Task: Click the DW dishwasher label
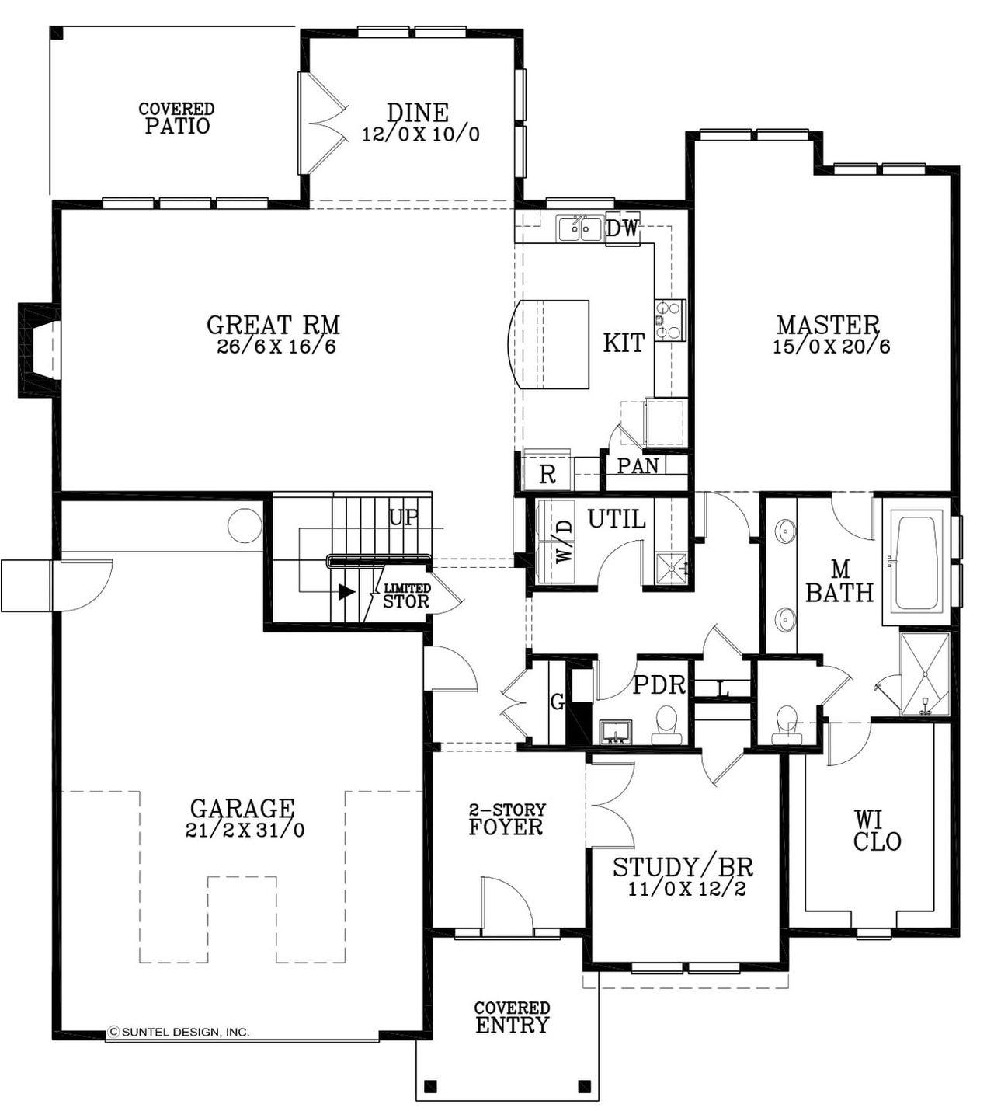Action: [x=621, y=228]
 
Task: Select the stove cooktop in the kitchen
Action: [x=669, y=319]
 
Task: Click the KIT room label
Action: [x=624, y=343]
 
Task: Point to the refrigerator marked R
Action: [x=547, y=474]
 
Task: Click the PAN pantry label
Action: [x=638, y=465]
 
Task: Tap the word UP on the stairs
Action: [x=403, y=517]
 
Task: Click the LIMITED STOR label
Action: [x=406, y=596]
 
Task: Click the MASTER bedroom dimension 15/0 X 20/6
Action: [x=831, y=347]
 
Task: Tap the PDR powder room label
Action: [x=659, y=684]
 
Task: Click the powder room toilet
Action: [x=666, y=722]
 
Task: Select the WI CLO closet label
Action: [x=877, y=831]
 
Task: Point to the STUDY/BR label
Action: [x=683, y=867]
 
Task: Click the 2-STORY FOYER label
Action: [x=506, y=820]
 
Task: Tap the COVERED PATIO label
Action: [x=177, y=118]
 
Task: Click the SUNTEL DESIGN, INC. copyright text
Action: [x=179, y=1033]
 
